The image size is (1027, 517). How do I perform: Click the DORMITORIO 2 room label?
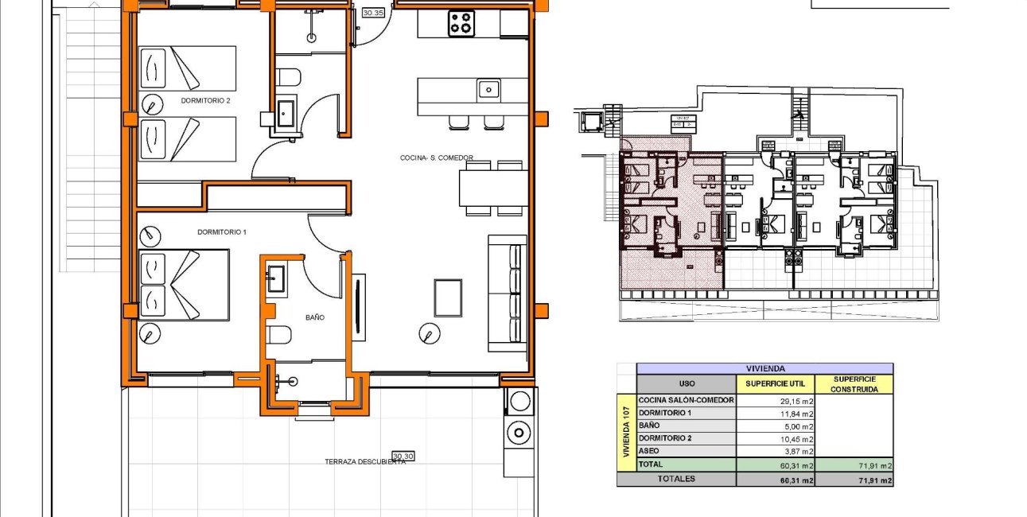(x=205, y=101)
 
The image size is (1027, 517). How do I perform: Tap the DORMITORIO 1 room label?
(x=222, y=231)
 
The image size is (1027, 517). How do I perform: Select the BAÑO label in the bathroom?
(x=314, y=317)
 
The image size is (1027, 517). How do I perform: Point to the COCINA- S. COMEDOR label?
(x=436, y=158)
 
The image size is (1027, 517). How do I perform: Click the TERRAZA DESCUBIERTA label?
(x=365, y=461)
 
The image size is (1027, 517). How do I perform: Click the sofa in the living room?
(x=508, y=293)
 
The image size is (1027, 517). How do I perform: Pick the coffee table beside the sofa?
(x=447, y=297)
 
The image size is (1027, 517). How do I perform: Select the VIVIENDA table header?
(x=764, y=368)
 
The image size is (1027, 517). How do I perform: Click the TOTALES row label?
(x=675, y=479)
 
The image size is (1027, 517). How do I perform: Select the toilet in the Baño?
(x=279, y=335)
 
